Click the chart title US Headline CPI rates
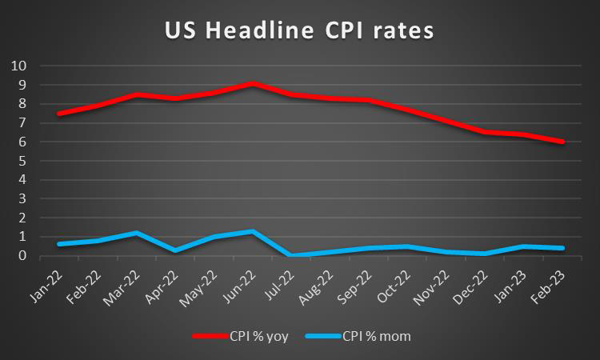click(x=299, y=31)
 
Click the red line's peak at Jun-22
click(x=253, y=83)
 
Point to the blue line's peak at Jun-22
click(x=253, y=231)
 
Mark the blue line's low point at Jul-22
click(x=291, y=255)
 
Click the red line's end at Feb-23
click(x=563, y=142)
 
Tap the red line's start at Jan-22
click(x=59, y=114)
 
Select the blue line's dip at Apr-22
click(x=175, y=250)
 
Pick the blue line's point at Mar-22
click(x=137, y=233)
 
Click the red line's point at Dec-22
click(x=486, y=132)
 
